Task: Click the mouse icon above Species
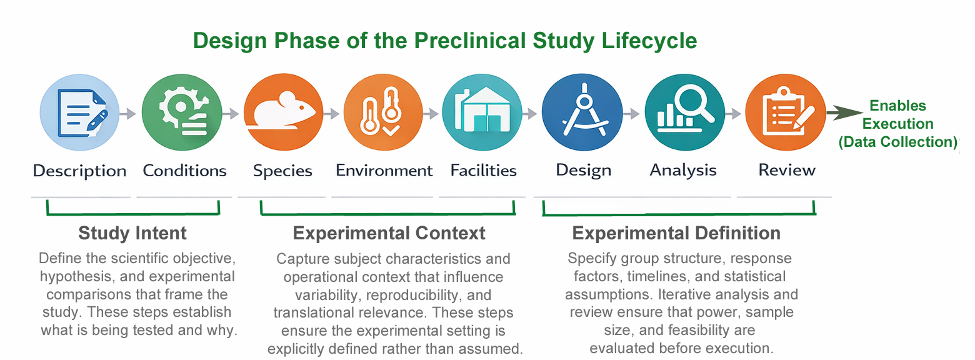(283, 112)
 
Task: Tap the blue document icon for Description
(79, 112)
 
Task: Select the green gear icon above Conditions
(182, 112)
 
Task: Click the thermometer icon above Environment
(383, 112)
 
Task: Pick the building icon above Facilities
(482, 112)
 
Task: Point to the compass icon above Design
(582, 112)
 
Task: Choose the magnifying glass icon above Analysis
(684, 112)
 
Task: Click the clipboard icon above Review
(785, 112)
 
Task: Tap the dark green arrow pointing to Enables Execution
(844, 112)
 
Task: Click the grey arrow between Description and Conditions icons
(128, 114)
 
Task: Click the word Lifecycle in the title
(649, 41)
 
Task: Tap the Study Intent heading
(132, 233)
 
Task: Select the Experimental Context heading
(389, 233)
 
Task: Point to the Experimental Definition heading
(676, 233)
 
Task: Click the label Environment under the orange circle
(384, 170)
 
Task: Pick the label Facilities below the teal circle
(483, 170)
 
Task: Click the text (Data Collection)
(898, 142)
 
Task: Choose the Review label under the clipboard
(786, 170)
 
